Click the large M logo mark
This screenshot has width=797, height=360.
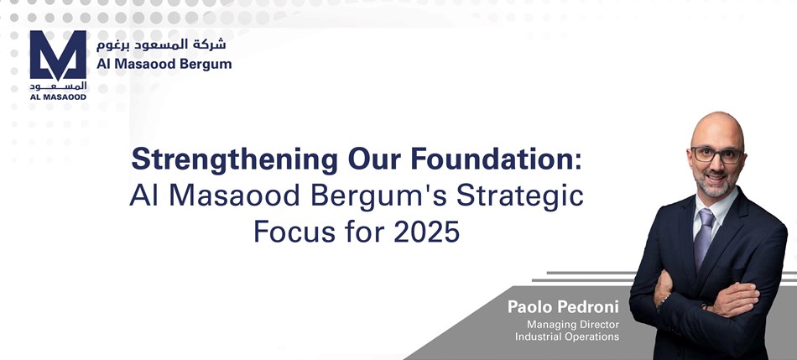tap(58, 55)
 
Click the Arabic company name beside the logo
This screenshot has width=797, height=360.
tap(161, 44)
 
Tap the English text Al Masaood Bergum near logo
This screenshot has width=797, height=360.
tap(164, 64)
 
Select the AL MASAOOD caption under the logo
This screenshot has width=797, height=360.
tap(58, 97)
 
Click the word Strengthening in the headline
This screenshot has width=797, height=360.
tap(234, 160)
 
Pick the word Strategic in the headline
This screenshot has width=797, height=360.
tap(520, 197)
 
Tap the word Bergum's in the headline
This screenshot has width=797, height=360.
tap(378, 197)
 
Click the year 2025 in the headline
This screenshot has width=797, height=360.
tap(426, 232)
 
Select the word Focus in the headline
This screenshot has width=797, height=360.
tap(294, 232)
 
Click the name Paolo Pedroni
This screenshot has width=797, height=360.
tap(563, 307)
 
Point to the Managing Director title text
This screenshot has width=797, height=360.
tap(573, 325)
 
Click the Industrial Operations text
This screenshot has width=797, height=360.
tap(567, 337)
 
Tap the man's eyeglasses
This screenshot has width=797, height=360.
tap(716, 154)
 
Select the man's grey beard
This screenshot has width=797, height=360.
tap(715, 185)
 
